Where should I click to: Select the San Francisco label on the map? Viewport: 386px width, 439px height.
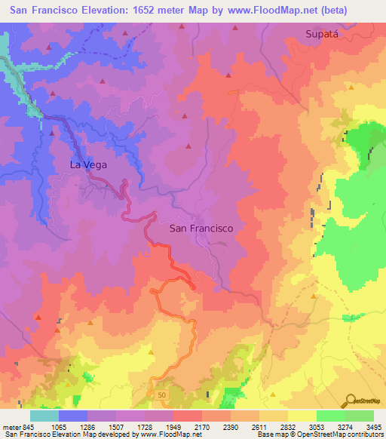[201, 228]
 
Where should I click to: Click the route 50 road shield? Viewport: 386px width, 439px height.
[161, 394]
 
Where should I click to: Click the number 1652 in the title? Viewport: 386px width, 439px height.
[149, 11]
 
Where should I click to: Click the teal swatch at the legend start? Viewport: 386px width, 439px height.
[44, 416]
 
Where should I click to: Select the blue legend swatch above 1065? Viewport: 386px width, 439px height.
[73, 416]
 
